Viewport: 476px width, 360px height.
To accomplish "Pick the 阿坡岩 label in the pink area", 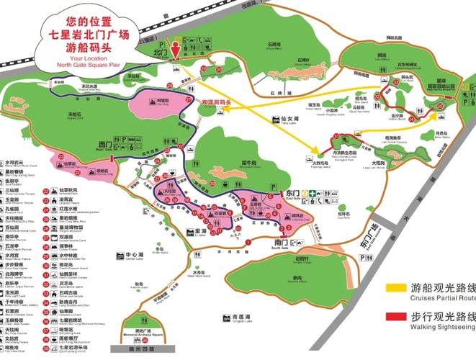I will (x=163, y=102).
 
